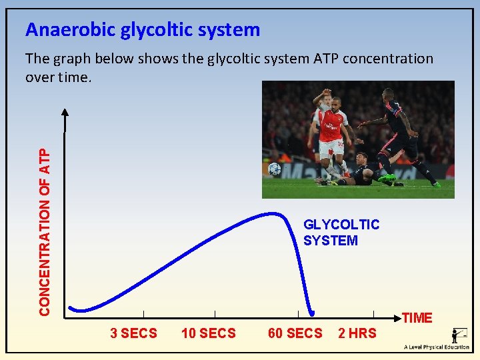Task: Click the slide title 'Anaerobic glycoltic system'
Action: pyautogui.click(x=142, y=30)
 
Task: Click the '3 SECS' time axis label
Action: pyautogui.click(x=133, y=333)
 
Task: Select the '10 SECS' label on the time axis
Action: pyautogui.click(x=208, y=333)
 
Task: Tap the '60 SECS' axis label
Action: pyautogui.click(x=295, y=333)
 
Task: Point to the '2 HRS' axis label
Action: pyautogui.click(x=357, y=333)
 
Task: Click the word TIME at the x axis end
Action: pyautogui.click(x=417, y=318)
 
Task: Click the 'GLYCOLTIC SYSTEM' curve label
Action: pyautogui.click(x=341, y=233)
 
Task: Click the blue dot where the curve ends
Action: pyautogui.click(x=311, y=311)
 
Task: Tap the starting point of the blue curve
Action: pyautogui.click(x=71, y=307)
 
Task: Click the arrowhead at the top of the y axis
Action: pyautogui.click(x=65, y=112)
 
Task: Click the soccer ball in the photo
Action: pyautogui.click(x=274, y=169)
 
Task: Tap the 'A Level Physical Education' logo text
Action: pyautogui.click(x=437, y=347)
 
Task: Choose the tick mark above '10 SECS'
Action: pyautogui.click(x=215, y=313)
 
